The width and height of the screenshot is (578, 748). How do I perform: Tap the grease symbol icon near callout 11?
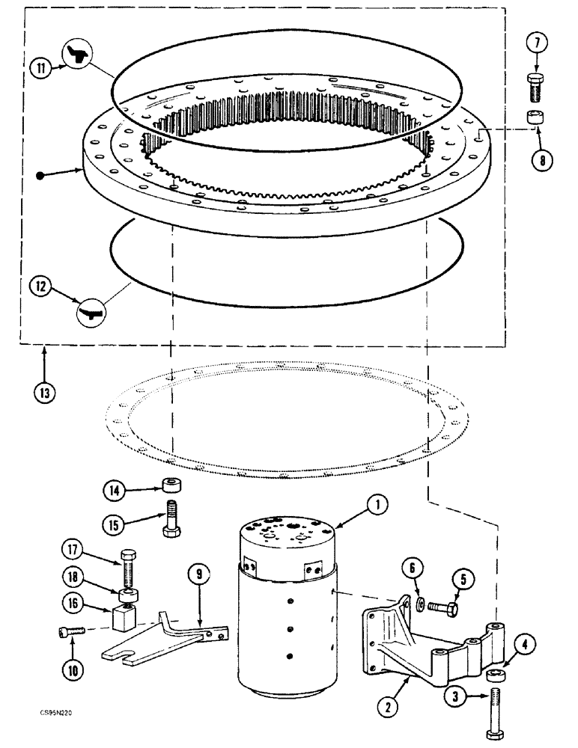[76, 55]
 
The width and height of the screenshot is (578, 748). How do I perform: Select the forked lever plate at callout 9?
[161, 639]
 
